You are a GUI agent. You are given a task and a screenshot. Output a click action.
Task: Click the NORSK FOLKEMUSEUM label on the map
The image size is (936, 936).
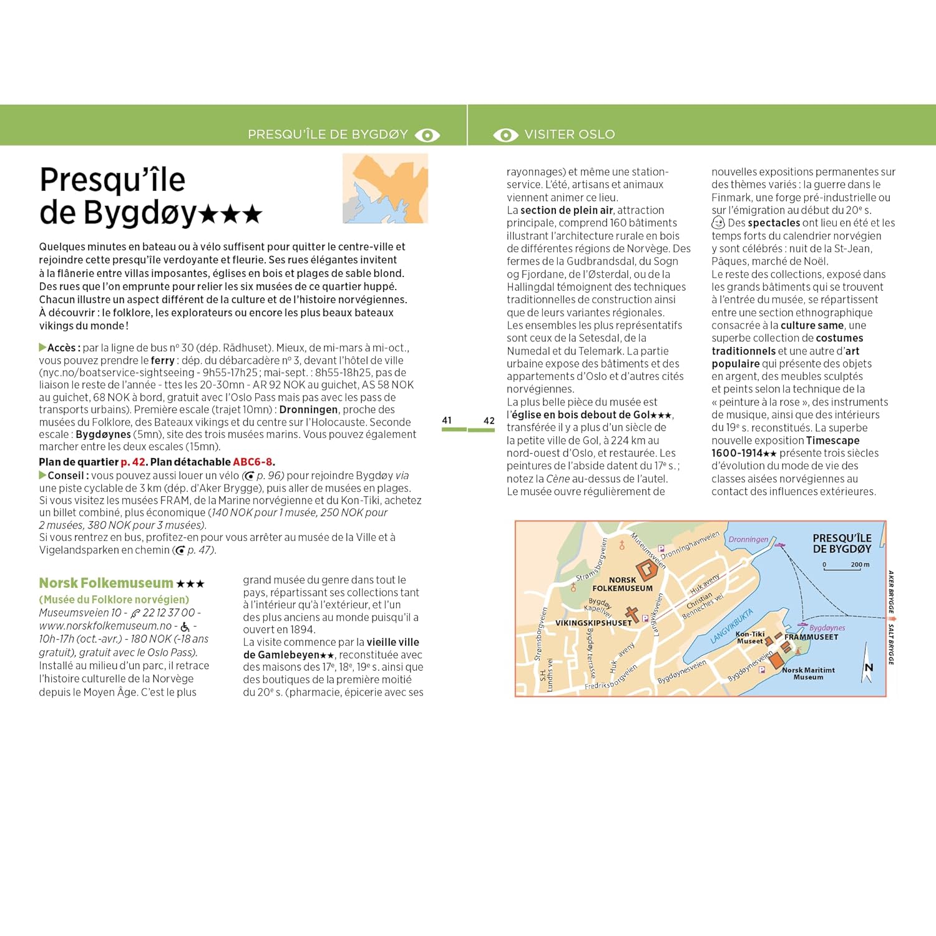click(x=622, y=584)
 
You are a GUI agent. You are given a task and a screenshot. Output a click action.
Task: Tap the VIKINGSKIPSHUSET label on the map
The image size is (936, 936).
click(x=593, y=623)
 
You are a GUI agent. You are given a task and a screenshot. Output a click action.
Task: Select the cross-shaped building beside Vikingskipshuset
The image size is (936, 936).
click(x=632, y=614)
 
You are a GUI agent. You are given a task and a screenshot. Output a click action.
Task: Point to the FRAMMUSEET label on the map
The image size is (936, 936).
click(x=811, y=637)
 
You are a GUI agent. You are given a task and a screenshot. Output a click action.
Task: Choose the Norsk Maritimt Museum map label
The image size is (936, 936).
click(x=808, y=673)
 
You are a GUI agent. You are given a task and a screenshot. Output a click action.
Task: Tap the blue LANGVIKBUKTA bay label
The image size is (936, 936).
click(x=731, y=626)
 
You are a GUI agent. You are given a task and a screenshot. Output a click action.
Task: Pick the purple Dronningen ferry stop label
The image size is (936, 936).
click(x=748, y=539)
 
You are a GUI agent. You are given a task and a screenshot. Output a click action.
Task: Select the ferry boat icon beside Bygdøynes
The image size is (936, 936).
click(x=802, y=624)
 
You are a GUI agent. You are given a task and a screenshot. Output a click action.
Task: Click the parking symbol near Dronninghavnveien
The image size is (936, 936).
click(x=661, y=548)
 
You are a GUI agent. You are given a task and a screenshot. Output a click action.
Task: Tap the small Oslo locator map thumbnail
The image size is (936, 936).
click(x=385, y=188)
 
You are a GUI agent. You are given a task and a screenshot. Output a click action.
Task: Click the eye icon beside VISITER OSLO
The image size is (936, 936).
click(x=505, y=135)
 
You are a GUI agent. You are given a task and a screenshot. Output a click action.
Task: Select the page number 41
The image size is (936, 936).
click(x=447, y=421)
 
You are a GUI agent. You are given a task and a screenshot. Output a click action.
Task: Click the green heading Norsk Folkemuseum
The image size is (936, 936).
click(x=106, y=583)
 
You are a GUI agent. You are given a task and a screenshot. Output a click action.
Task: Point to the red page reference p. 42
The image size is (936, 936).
click(x=133, y=462)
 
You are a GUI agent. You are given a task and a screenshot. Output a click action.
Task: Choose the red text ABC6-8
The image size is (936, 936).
click(x=253, y=462)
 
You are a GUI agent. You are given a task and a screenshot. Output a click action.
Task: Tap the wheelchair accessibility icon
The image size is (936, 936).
click(x=185, y=626)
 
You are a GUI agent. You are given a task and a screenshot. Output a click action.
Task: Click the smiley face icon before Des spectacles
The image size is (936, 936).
click(x=718, y=223)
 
